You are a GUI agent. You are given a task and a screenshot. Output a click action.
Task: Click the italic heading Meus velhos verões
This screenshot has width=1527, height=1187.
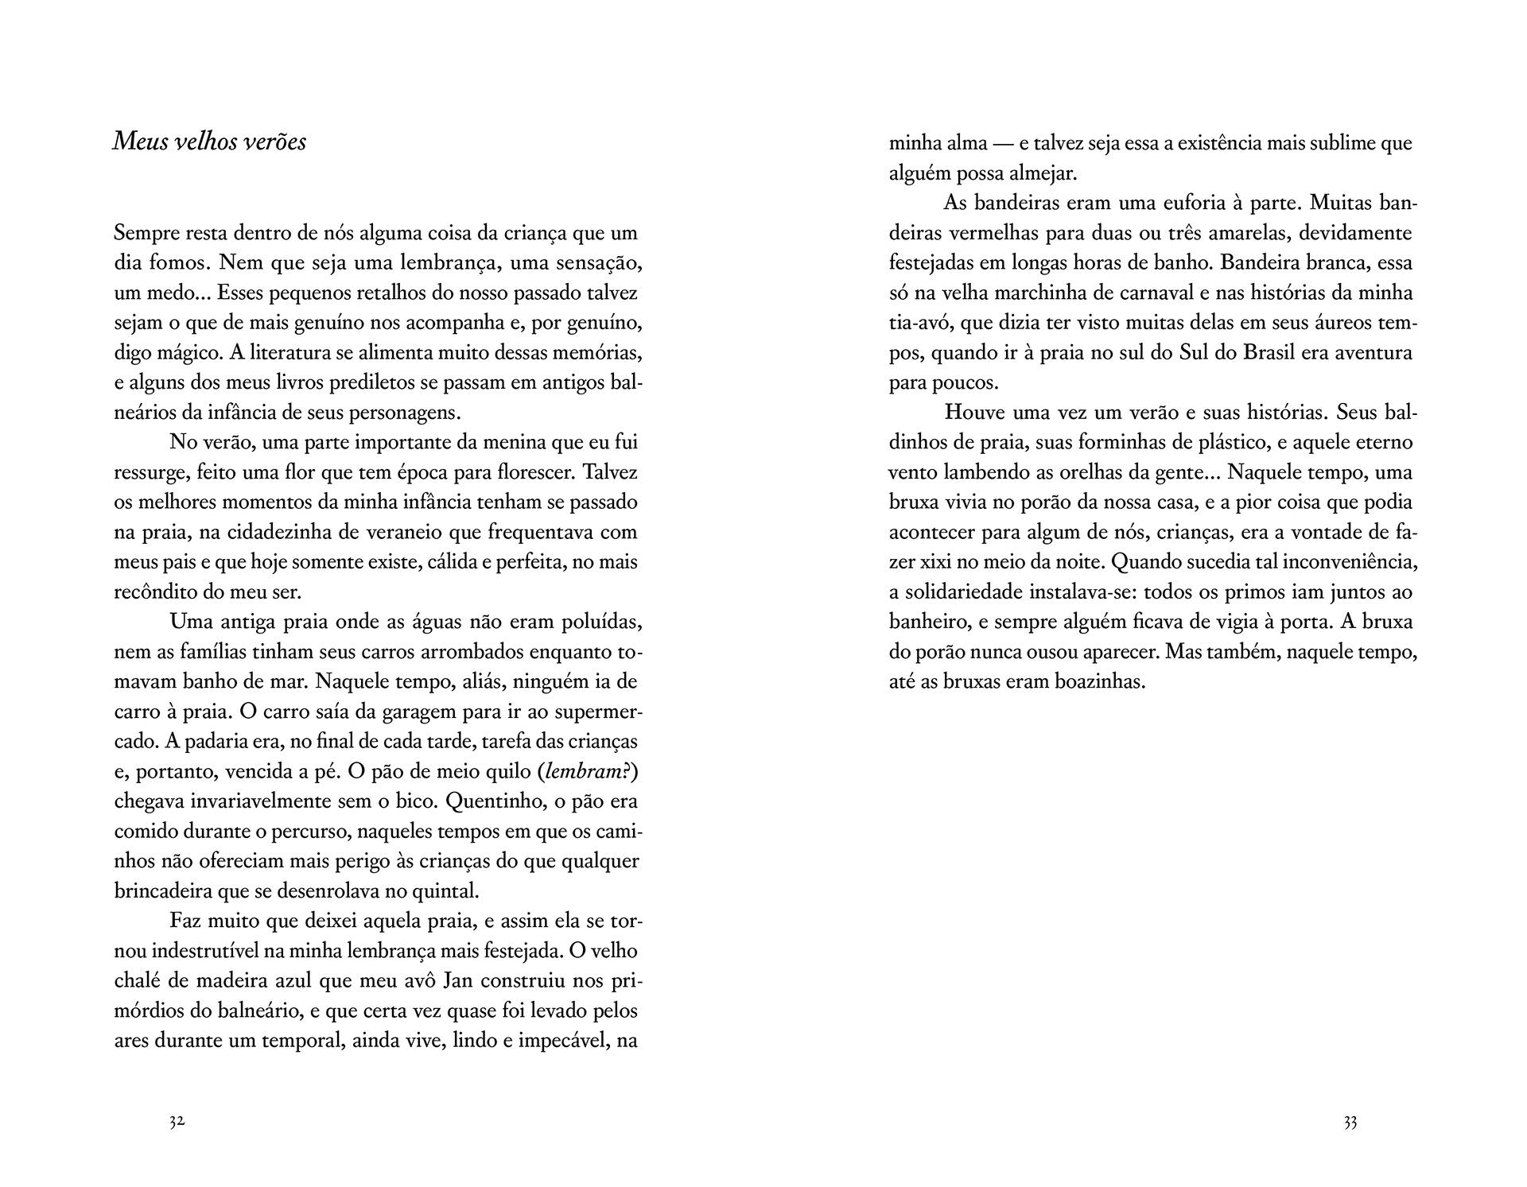[x=209, y=142]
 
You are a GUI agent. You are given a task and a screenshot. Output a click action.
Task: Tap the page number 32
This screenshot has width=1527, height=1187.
[x=177, y=1122]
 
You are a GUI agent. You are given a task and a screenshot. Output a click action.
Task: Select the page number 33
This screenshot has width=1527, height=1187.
[x=1350, y=1122]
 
